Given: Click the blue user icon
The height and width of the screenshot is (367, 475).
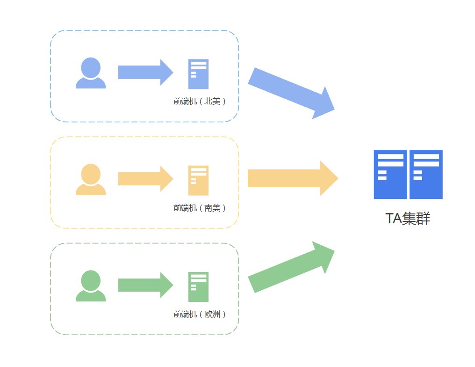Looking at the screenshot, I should tap(91, 73).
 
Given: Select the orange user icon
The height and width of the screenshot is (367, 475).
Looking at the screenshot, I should tap(91, 180).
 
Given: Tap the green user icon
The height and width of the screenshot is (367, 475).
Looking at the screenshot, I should tap(91, 286).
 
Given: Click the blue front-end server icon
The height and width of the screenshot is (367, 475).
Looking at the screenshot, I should tap(198, 74).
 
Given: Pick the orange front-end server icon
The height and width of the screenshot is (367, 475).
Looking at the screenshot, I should tap(198, 180).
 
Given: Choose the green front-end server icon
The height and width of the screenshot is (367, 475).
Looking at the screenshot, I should tap(198, 286).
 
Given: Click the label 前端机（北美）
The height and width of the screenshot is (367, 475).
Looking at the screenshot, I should tap(200, 101).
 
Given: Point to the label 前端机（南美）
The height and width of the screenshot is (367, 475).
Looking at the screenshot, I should tap(200, 208).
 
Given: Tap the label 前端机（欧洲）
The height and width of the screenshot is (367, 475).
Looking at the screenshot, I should tap(200, 314).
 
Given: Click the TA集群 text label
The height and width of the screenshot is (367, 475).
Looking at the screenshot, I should tap(408, 219).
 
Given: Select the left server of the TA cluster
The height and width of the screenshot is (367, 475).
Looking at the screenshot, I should tap(390, 174).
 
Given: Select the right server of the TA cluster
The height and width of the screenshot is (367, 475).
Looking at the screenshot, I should tap(426, 174).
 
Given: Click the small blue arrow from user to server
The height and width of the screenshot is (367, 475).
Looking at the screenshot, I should tap(145, 73).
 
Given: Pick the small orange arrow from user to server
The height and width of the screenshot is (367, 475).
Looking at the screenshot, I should tap(145, 179).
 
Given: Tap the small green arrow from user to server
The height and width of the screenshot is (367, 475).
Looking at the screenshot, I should tap(145, 285).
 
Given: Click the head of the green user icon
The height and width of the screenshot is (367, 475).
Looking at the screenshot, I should tap(91, 280).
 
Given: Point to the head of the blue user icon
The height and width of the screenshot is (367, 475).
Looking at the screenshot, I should tap(91, 67).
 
